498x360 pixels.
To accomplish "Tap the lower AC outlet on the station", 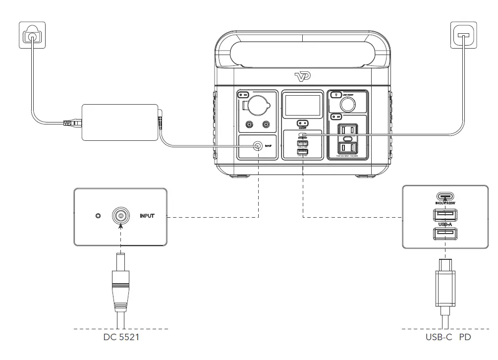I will [x=347, y=147].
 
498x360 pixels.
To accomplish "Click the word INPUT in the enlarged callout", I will [x=148, y=217].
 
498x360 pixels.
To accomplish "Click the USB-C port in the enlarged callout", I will [x=445, y=196].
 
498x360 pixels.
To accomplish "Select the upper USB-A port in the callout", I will [x=445, y=215].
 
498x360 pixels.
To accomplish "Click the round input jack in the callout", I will [x=120, y=216].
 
